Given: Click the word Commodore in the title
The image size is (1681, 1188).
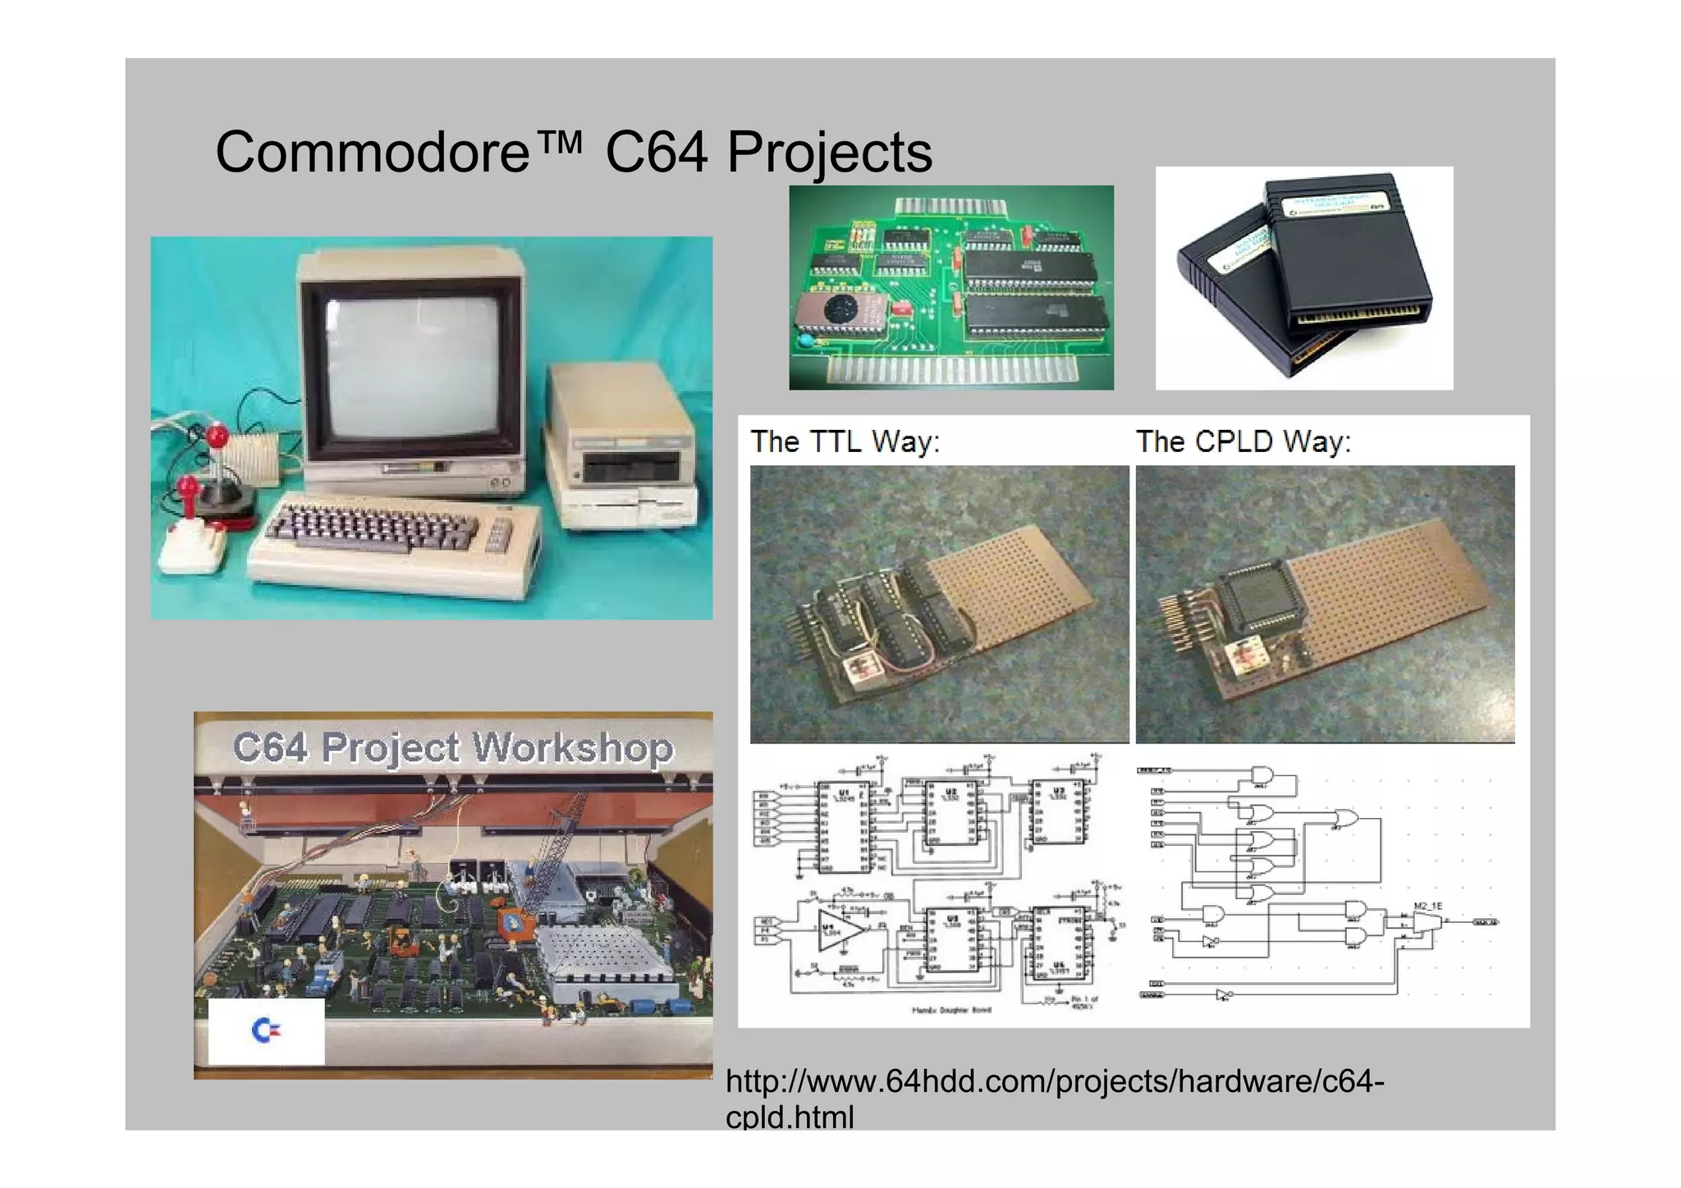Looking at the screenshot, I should point(373,153).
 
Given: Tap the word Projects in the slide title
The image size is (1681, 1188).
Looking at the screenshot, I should point(829,153).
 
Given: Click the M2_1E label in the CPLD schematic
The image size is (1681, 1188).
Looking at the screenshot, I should point(1427,906).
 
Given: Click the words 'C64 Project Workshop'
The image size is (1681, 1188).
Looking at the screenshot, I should point(452,747).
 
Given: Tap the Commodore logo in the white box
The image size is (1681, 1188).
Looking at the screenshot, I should point(265,1030).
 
